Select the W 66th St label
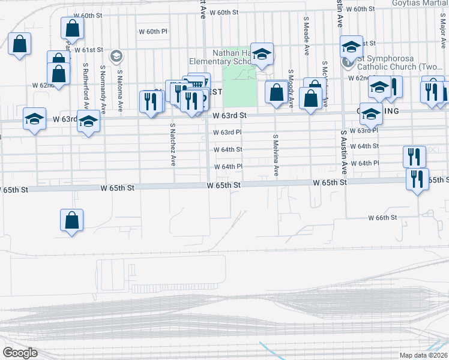point(382,218)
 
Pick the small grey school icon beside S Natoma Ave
point(116,56)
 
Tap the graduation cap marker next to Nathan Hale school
point(262,53)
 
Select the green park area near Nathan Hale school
point(239,87)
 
